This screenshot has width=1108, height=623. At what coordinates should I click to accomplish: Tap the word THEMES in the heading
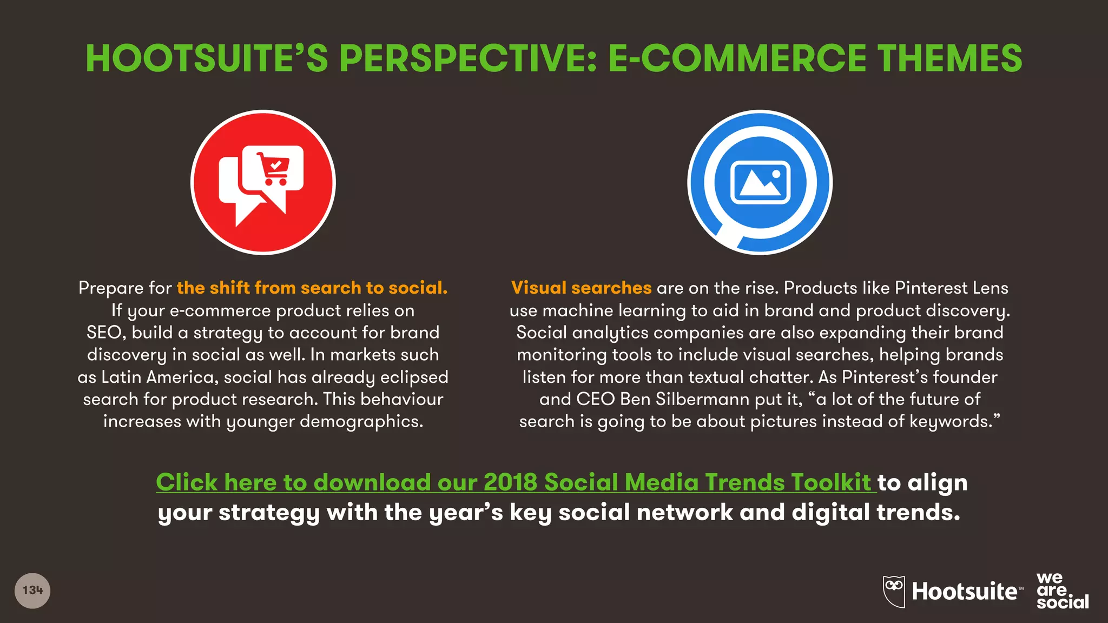pos(949,58)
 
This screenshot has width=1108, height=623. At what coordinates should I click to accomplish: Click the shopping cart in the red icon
pos(274,168)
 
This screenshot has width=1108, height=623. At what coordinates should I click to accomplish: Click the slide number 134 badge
pos(32,591)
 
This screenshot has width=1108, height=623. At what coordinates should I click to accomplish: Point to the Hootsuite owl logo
pos(894,591)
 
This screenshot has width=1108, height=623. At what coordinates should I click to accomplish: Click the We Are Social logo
pos(1062,591)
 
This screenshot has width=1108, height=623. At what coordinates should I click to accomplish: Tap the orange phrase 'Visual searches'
pos(581,288)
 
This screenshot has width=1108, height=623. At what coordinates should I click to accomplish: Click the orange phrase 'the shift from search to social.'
pos(312,288)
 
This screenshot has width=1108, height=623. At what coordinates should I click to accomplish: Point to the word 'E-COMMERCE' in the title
pos(737,58)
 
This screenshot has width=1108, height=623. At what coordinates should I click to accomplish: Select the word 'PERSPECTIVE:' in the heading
pos(468,58)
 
